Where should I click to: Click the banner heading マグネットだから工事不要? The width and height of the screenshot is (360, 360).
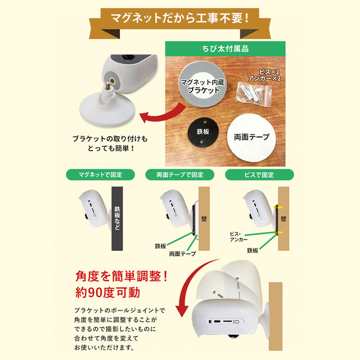180,18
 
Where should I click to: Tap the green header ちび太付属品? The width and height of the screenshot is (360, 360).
225,49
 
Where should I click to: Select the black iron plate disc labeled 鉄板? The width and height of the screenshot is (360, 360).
203,132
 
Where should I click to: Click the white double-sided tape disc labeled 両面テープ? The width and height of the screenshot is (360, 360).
251,137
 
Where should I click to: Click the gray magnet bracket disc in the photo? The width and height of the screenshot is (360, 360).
202,84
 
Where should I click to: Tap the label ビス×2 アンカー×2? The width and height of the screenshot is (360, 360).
264,75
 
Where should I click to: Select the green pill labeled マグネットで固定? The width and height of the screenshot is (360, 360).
100,175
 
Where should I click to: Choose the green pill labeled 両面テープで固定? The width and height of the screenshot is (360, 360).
180,175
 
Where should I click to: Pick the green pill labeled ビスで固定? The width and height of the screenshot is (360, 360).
259,175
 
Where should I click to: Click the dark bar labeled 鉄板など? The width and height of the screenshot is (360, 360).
117,219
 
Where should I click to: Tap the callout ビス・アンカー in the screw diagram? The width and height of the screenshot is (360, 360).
238,237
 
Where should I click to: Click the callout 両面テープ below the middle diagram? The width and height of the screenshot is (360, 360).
182,254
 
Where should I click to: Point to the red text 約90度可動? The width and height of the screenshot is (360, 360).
107,292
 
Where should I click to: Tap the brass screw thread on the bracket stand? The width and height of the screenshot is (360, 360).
107,86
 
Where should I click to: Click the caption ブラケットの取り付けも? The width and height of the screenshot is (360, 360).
110,139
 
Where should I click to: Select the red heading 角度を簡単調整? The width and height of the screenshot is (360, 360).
121,276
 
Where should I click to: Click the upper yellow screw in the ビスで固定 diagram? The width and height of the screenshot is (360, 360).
278,208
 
